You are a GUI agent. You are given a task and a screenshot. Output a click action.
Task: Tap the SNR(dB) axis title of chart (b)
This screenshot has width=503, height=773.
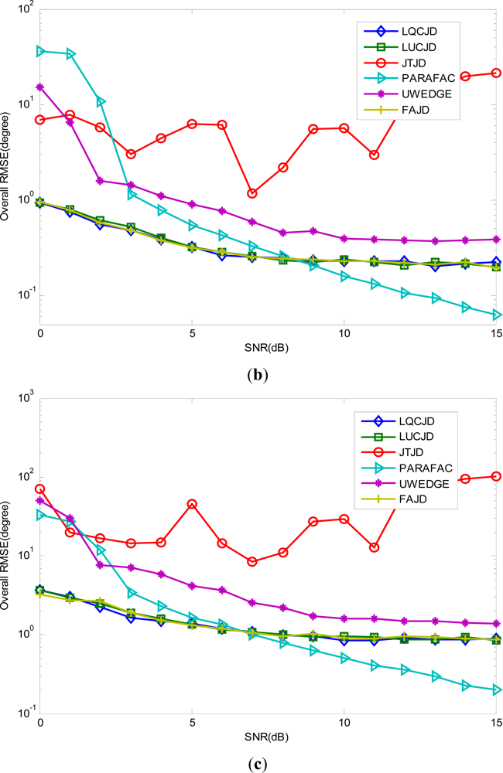click(x=268, y=346)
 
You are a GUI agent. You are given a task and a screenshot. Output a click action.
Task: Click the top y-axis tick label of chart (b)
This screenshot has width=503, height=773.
click(x=25, y=9)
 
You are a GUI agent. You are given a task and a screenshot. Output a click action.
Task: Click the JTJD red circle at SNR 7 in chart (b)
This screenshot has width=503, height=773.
click(x=252, y=193)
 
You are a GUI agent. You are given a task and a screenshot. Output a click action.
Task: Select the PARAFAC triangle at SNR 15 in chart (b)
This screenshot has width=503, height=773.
click(x=496, y=315)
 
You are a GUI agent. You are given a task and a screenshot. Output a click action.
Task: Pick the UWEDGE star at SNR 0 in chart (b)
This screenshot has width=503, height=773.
click(x=40, y=87)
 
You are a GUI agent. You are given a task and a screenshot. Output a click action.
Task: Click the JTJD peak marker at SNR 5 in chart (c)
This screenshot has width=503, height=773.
click(x=192, y=504)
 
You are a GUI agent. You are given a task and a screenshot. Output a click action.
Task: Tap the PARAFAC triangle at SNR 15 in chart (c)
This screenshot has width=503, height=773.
click(x=496, y=690)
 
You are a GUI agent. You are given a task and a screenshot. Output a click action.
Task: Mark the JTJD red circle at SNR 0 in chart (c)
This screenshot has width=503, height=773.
click(x=40, y=489)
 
